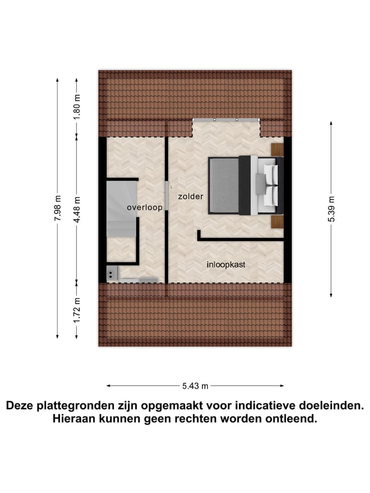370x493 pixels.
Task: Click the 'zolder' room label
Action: tap(191, 197)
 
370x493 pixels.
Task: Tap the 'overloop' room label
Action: tap(145, 207)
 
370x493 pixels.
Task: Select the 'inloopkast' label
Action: tap(226, 265)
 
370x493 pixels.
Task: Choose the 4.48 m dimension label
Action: tap(77, 208)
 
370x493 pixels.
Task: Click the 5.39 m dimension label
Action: tap(331, 208)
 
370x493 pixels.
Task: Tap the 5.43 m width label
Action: tap(195, 386)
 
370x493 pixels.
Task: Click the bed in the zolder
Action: tap(246, 185)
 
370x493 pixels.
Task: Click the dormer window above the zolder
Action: tap(226, 120)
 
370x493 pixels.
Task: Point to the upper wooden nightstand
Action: tap(277, 149)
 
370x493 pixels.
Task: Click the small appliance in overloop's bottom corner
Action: tap(112, 274)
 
